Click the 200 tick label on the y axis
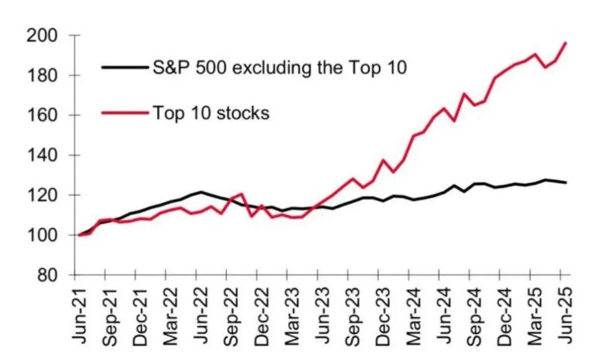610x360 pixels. pos(43,36)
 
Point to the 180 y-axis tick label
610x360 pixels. pos(43,75)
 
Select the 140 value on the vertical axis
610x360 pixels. pos(43,155)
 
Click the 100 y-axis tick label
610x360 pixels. pos(43,235)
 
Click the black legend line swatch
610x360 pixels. pos(124,67)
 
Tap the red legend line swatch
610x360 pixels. pos(124,112)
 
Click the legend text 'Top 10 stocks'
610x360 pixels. pos(211,112)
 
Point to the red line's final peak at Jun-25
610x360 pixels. pos(567,42)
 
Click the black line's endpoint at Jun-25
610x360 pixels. pos(567,183)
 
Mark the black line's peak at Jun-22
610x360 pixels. pos(202,192)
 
